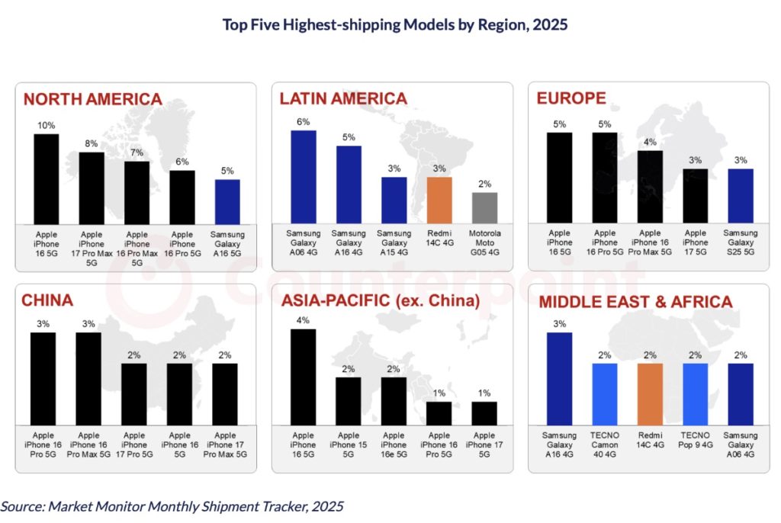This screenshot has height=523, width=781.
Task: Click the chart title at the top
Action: click(394, 24)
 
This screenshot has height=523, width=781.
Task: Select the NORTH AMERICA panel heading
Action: click(92, 98)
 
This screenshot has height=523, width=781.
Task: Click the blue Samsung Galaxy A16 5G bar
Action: click(227, 201)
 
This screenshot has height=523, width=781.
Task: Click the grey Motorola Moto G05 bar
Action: click(484, 207)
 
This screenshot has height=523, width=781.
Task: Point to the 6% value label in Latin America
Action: click(304, 121)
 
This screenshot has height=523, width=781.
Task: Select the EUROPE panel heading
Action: click(571, 98)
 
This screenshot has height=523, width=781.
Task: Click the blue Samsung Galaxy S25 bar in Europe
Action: click(741, 196)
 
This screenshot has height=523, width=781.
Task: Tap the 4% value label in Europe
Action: click(650, 142)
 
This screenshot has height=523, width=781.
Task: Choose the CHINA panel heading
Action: click(48, 301)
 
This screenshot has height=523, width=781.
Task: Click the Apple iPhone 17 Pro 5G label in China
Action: click(133, 445)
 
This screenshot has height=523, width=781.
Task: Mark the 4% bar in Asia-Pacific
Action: click(304, 377)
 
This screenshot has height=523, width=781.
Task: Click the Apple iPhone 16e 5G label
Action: click(394, 445)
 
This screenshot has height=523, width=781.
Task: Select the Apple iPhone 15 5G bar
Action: click(349, 400)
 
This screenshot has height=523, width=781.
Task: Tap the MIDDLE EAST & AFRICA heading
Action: click(635, 302)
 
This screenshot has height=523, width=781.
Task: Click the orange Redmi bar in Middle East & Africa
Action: click(650, 393)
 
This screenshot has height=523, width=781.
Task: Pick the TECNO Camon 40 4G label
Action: click(605, 445)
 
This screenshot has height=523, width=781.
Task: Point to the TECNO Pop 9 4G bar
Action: click(696, 393)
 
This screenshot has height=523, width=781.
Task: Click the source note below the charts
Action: click(172, 505)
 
